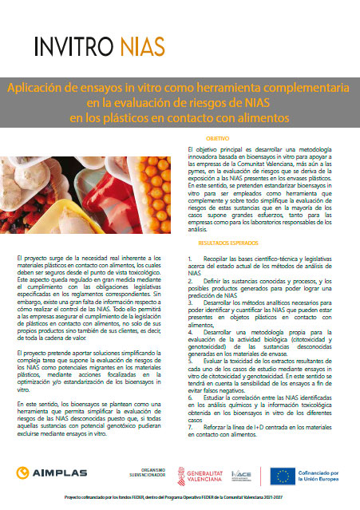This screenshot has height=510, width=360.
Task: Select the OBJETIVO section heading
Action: pos(208,139)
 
